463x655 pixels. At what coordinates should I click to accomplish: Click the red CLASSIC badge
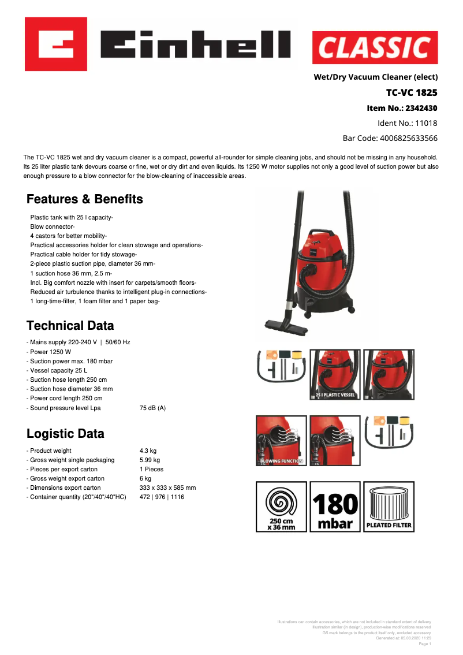tap(375, 48)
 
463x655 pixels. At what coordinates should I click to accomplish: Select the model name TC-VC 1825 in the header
tap(411, 92)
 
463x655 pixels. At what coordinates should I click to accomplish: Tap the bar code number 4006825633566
tap(390, 138)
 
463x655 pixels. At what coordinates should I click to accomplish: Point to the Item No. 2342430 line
tap(402, 108)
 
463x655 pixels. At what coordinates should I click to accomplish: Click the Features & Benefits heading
tap(85, 199)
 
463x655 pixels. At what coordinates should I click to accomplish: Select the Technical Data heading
tap(70, 325)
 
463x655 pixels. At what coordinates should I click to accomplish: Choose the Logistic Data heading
tap(65, 434)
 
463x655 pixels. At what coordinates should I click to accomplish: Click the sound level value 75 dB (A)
tap(152, 408)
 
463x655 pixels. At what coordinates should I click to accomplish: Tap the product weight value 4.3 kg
tap(148, 451)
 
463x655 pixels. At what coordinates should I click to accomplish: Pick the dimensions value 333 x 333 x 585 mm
tap(167, 487)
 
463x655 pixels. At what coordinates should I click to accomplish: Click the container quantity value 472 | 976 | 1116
tap(162, 497)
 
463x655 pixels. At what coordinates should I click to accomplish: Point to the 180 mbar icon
tap(335, 507)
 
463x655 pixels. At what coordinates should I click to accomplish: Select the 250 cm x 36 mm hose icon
tap(281, 507)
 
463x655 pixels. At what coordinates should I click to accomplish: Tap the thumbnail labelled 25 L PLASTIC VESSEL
tap(335, 374)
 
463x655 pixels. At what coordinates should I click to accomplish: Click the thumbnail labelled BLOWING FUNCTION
tap(281, 441)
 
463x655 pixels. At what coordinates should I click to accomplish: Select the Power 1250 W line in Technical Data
tap(51, 352)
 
